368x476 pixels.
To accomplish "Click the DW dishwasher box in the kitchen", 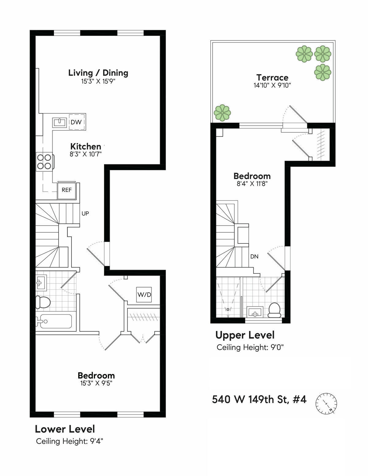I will tap(76, 122).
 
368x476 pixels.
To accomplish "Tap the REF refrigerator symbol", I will tap(67, 190).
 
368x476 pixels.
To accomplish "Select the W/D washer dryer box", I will tap(144, 295).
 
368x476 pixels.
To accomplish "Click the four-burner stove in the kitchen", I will tap(44, 162).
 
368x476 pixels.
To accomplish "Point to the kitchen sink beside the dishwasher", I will tap(60, 122).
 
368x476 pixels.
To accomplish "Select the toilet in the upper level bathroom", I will tap(274, 310).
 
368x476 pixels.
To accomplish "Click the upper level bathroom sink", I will tap(255, 312).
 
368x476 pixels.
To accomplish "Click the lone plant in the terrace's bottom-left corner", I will tap(223, 112).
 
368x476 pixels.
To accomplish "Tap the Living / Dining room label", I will tap(98, 73).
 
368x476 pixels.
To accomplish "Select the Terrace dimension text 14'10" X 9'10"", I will tap(272, 86).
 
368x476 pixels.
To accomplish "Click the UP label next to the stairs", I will tap(85, 213).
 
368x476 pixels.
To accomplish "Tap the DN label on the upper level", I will tap(254, 257).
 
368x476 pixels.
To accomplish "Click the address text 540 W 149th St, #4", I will tap(259, 399).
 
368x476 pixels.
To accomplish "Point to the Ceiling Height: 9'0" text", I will tap(250, 348).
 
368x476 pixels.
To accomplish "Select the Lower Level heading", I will tap(65, 429).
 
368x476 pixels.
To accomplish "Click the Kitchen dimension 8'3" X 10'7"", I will tap(86, 154).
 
